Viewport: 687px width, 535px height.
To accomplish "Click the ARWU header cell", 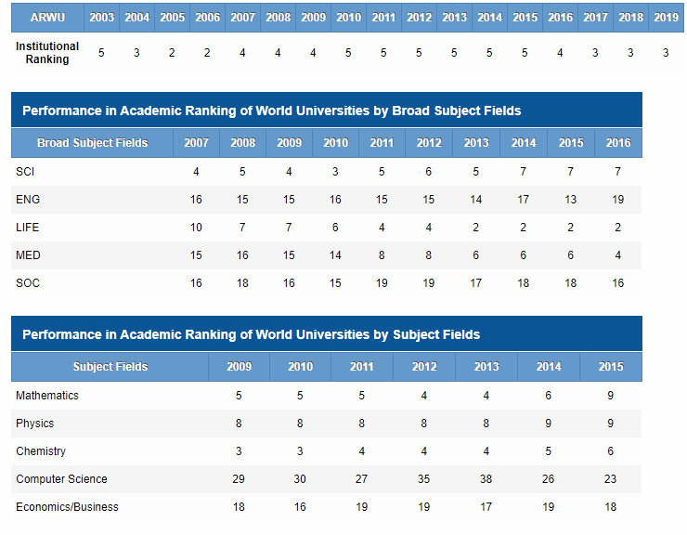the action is [47, 18].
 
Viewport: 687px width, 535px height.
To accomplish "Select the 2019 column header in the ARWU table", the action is [666, 18].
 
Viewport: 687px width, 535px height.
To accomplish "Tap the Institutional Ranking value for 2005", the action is [172, 53].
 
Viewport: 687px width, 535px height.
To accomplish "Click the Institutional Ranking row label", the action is [47, 53].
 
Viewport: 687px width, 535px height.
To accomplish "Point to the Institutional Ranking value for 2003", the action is [101, 53].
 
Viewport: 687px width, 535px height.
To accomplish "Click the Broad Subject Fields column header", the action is [93, 143].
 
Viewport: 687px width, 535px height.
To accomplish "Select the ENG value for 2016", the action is [617, 200].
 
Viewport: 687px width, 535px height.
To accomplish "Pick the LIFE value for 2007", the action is [196, 228].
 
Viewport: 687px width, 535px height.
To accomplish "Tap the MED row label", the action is [28, 255].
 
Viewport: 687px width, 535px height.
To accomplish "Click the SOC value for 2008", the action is [242, 283].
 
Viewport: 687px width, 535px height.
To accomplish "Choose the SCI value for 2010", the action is [335, 172].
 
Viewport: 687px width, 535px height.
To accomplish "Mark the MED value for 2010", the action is [335, 255].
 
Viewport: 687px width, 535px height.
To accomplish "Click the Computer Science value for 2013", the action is [486, 479].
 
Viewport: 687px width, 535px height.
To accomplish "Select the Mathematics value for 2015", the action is [610, 396].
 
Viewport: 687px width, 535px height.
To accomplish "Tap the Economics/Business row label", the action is [67, 507].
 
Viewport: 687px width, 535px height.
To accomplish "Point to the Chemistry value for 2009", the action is [239, 451].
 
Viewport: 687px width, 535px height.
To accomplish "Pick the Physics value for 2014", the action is [548, 424].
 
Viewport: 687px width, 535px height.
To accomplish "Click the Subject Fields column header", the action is [110, 367].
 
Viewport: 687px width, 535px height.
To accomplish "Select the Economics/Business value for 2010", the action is [300, 507].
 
